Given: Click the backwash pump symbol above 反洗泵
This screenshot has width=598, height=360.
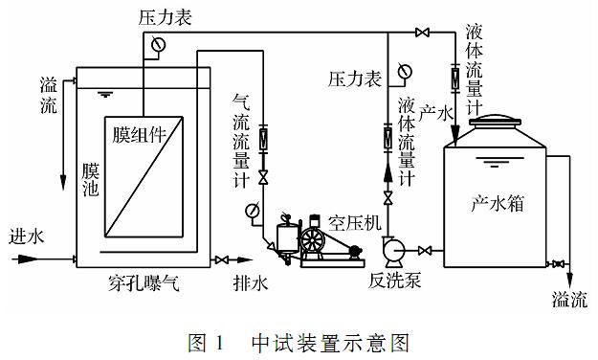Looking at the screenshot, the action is pos(393,251).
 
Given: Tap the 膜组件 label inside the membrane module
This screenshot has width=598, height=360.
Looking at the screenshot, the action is pos(140,134).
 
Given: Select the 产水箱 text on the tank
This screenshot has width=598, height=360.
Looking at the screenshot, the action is pos(498,203).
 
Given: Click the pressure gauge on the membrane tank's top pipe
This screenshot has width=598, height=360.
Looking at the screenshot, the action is pos(158,44).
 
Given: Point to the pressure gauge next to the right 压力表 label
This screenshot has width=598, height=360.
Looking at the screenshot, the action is pos(405,71).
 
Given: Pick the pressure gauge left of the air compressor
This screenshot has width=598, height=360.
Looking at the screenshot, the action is pos(253,211).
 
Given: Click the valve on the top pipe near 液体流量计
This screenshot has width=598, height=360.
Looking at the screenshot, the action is pos(422,33).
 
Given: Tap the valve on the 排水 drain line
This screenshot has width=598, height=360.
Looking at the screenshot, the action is pos(222,260).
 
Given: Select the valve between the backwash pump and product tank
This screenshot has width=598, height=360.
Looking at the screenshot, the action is pos(425,251).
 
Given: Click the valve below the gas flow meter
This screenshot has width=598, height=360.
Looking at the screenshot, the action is pos(263,177).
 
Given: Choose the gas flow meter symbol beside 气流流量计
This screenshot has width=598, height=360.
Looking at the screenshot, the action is pos(263,139).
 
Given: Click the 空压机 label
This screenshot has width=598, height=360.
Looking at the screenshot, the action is pos(355,222).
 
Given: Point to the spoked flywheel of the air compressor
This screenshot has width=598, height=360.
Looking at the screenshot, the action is pos(312,240).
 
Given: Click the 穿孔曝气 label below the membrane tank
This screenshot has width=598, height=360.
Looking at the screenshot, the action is pos(144,283).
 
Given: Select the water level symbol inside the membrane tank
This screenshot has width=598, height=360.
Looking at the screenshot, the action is pos(104,94).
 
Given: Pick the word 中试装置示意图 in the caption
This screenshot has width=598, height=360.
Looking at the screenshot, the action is pos(330,343).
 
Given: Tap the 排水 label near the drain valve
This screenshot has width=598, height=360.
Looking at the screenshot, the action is pos(250,283).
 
